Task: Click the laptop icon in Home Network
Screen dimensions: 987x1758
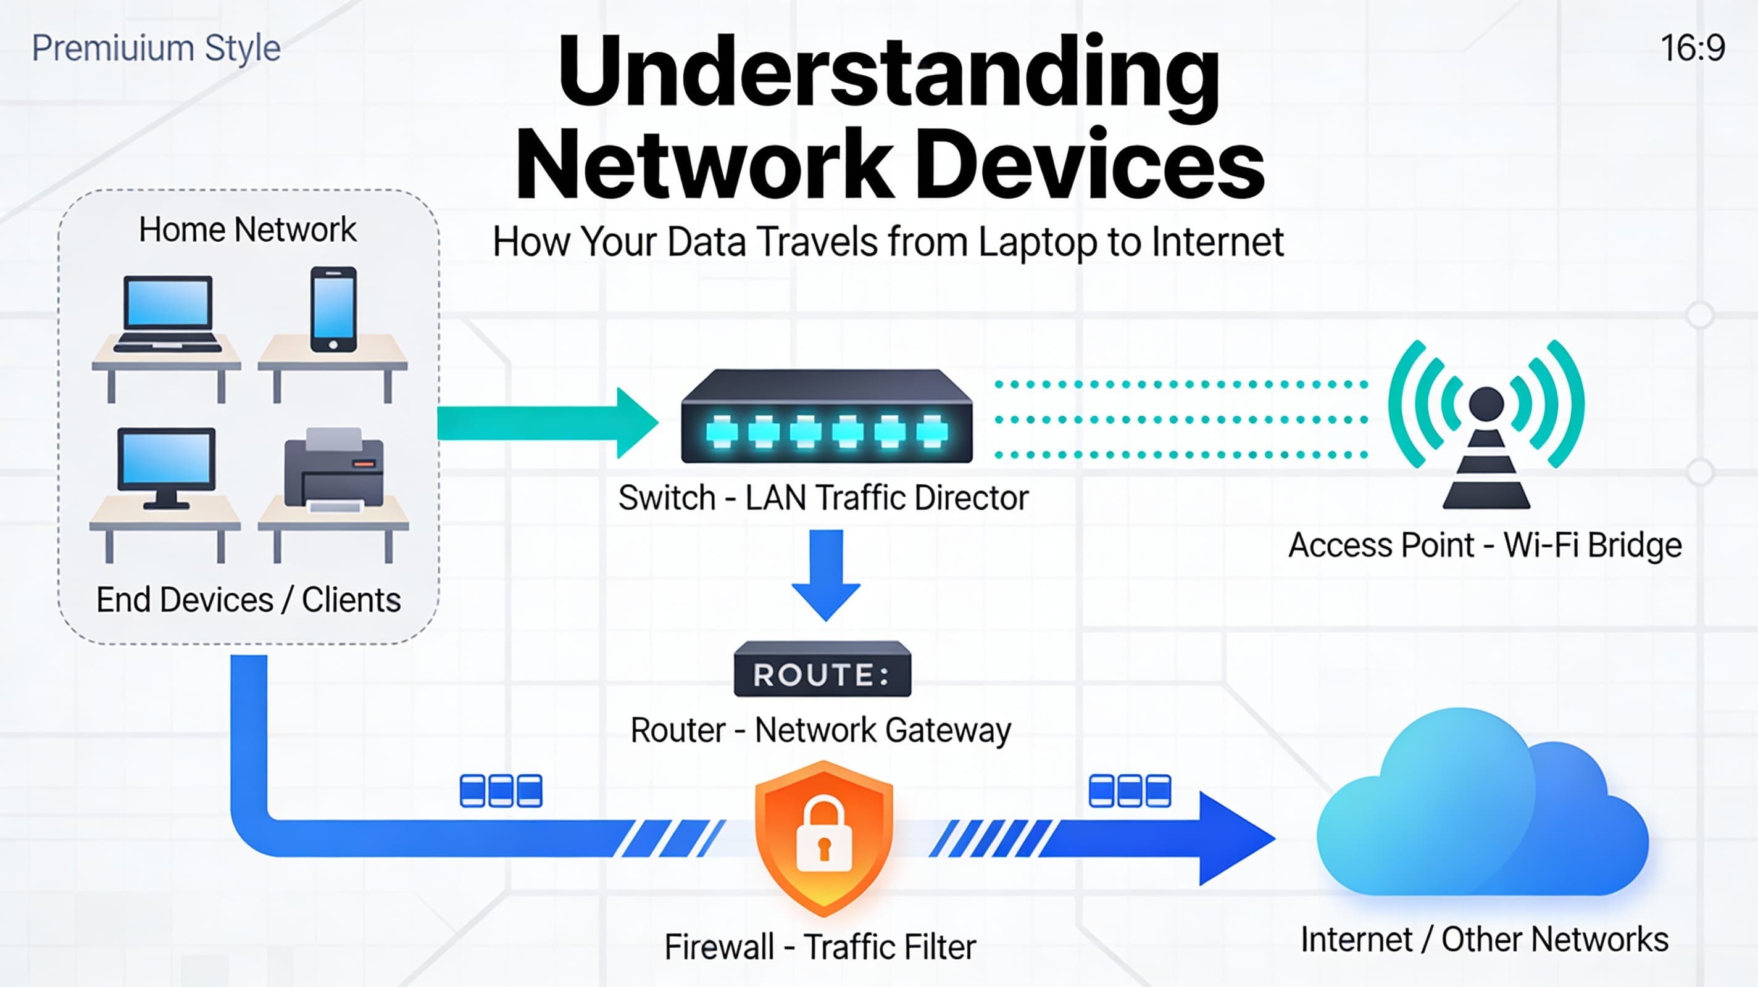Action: click(x=167, y=313)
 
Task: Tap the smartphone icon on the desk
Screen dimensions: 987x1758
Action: click(x=333, y=310)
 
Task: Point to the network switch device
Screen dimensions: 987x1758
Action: click(x=827, y=418)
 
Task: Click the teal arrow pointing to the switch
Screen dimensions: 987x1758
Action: click(x=546, y=423)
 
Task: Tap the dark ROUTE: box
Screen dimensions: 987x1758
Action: click(x=822, y=670)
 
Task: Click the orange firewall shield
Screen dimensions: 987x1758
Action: click(x=823, y=838)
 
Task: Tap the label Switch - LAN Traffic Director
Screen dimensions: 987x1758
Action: click(x=823, y=498)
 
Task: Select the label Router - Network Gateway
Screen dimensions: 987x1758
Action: click(x=820, y=730)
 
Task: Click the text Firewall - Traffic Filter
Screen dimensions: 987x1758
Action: click(x=820, y=947)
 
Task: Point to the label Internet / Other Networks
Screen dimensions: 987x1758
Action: click(x=1485, y=940)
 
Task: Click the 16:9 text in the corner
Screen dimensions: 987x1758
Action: click(x=1693, y=49)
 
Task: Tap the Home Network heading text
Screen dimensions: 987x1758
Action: click(x=247, y=229)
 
